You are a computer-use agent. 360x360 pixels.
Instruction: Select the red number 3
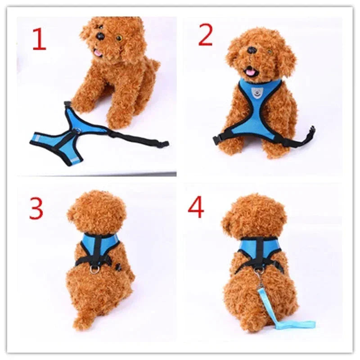click(36, 207)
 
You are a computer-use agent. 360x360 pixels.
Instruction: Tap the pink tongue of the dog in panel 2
click(248, 71)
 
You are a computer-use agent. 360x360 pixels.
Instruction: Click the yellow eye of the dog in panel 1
click(119, 38)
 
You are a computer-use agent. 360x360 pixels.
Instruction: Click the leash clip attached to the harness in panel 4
click(259, 273)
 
